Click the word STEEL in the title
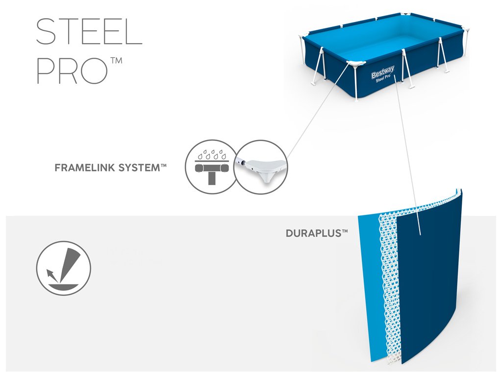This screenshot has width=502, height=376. click(89, 32)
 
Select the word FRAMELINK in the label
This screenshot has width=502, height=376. click(83, 167)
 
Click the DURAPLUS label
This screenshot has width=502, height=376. click(313, 234)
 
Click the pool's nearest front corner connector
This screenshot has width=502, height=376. click(355, 65)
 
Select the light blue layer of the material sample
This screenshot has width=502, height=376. click(368, 274)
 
